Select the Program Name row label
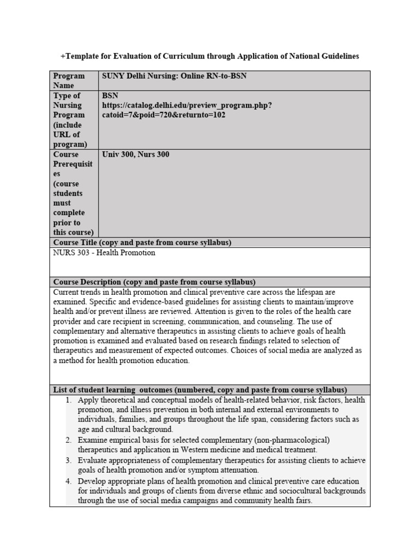tap(69, 80)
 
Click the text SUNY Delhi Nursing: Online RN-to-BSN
tap(174, 76)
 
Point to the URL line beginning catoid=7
tap(164, 115)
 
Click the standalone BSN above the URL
tap(110, 96)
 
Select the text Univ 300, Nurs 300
tap(136, 154)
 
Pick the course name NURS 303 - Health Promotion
tap(104, 253)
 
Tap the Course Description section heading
tap(154, 282)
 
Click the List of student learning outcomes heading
tap(200, 390)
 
